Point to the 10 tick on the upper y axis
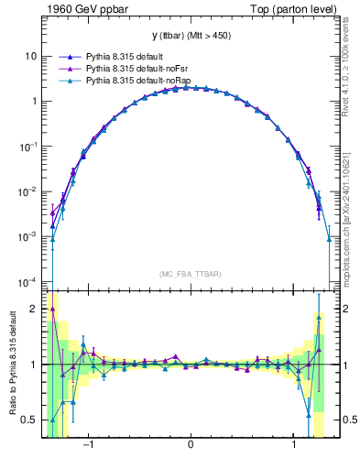pos(31,56)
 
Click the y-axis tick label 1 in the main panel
pos(34,101)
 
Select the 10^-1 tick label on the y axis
pos(29,146)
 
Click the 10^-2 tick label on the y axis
pos(29,191)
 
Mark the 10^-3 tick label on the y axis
pos(29,235)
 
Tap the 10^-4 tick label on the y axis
pos(29,280)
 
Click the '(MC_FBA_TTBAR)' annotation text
pos(191,274)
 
